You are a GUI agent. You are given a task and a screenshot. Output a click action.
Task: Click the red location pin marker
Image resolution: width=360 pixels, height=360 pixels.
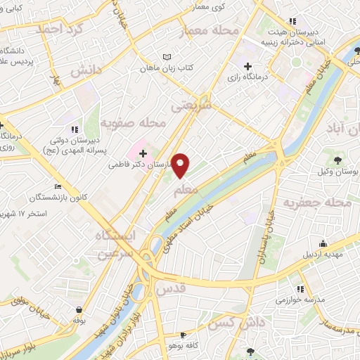(x=181, y=165)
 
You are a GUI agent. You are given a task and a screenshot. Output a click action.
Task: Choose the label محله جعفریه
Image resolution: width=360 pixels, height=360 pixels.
(x=316, y=203)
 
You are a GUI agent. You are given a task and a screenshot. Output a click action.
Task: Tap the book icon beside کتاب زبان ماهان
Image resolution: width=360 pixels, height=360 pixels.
(x=166, y=57)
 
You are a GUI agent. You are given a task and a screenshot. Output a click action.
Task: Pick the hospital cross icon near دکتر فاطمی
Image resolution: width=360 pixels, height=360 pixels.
(x=143, y=153)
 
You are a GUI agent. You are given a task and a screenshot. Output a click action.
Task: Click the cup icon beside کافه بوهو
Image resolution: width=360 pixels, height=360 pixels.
(x=184, y=335)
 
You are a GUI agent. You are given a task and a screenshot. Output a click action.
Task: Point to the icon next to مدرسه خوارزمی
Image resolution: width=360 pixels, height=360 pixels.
(x=300, y=288)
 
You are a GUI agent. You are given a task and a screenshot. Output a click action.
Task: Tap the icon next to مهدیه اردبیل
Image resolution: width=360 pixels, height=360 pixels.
(x=314, y=250)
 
